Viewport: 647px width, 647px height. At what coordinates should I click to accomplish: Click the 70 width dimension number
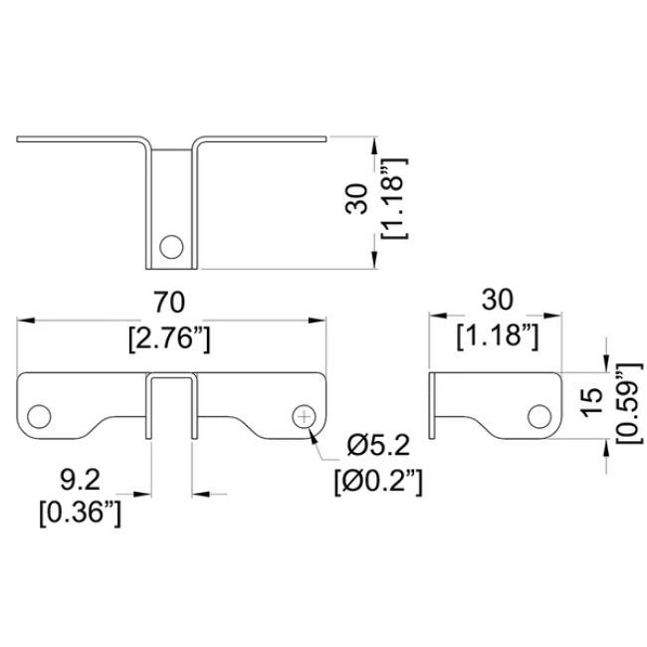(169, 302)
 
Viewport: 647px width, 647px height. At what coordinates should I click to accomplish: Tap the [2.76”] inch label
(169, 339)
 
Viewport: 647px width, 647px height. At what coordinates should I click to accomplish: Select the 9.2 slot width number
(80, 480)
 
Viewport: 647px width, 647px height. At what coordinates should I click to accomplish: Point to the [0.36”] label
(81, 514)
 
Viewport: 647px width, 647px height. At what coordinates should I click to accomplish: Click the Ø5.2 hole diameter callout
(378, 446)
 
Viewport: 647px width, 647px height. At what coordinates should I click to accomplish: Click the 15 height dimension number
(591, 402)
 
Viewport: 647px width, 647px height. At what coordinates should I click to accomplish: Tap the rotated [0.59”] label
(629, 403)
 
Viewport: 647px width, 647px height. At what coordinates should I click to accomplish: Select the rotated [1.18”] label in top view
(395, 198)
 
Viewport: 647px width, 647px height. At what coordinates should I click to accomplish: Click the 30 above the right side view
(498, 300)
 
